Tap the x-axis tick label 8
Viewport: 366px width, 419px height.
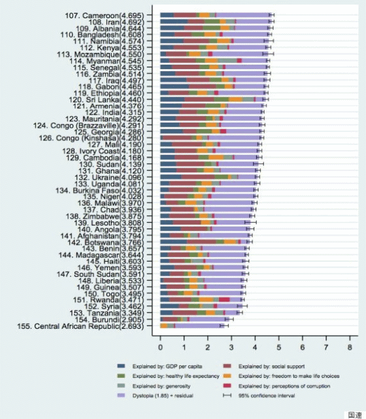tap(350, 339)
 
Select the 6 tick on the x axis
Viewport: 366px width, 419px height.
tap(303, 339)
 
